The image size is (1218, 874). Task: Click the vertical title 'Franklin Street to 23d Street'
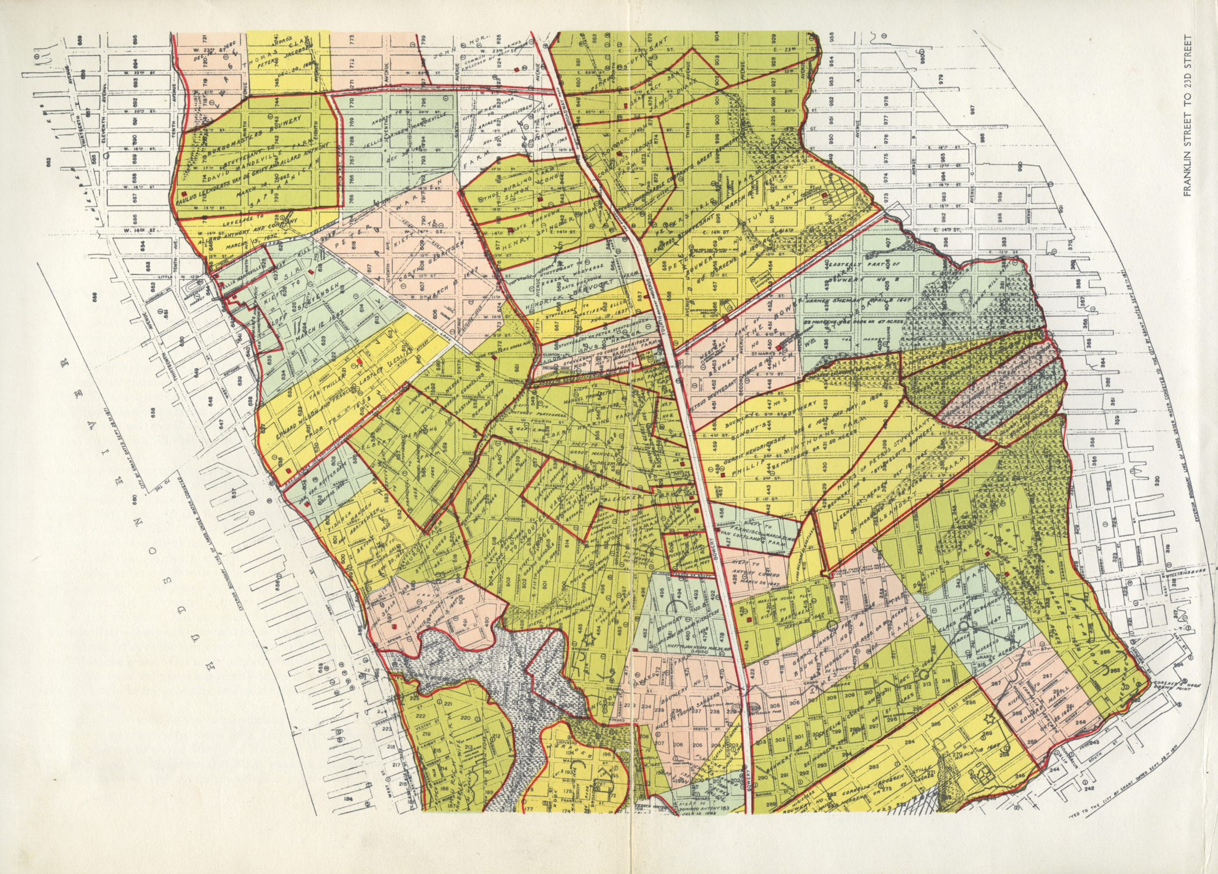tap(1186, 116)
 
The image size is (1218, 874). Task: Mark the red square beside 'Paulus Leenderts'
tap(184, 193)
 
